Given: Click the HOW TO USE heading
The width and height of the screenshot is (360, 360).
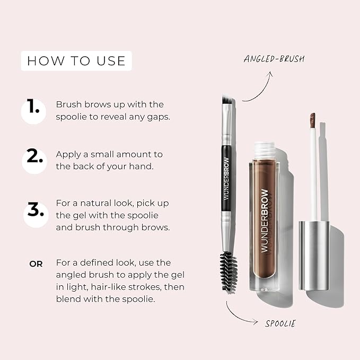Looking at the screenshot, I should click(76, 61).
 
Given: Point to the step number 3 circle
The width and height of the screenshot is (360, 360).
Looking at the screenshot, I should click(34, 209).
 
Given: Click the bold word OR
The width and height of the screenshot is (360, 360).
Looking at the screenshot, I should click(36, 263).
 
